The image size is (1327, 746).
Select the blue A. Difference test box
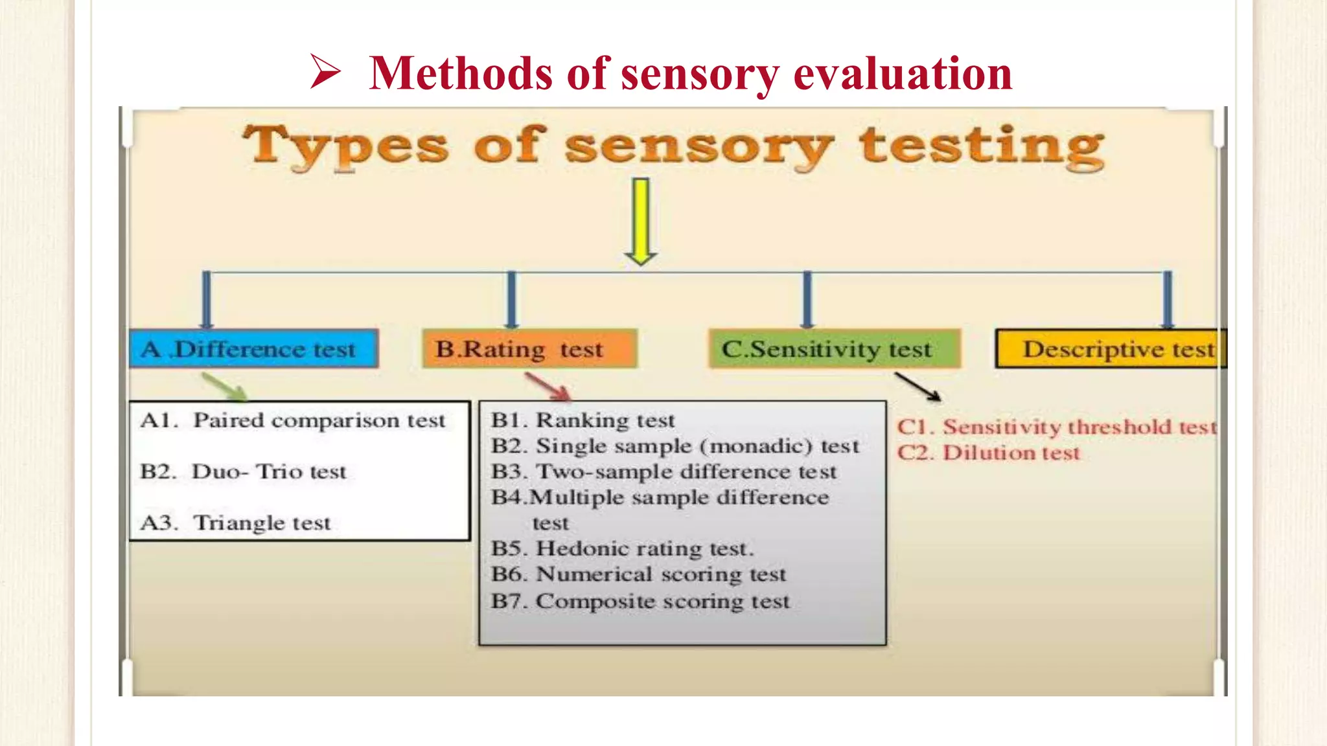click(x=253, y=349)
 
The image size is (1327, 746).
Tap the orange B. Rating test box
click(x=529, y=349)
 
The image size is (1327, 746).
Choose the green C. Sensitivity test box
click(x=834, y=349)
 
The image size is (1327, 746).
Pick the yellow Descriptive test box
click(x=1109, y=349)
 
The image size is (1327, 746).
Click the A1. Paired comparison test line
click(x=293, y=420)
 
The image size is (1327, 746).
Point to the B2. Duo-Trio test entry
click(x=244, y=471)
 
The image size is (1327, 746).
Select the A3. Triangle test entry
click(x=236, y=523)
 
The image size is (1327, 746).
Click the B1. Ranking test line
click(x=583, y=420)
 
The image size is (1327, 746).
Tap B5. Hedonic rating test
click(x=622, y=548)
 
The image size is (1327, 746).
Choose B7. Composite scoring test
click(x=640, y=601)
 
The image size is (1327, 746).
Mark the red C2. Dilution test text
click(x=989, y=453)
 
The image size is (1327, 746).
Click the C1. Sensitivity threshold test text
click(x=1056, y=427)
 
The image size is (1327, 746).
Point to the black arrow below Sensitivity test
click(x=917, y=387)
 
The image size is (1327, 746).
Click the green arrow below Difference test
click(x=224, y=386)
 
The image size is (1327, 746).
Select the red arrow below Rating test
click(x=548, y=387)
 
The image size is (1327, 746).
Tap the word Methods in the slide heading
click(x=460, y=73)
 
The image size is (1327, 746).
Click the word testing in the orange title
click(x=981, y=147)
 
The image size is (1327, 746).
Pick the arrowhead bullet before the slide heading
click(x=325, y=71)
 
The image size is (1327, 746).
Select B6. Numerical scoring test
click(x=638, y=574)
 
